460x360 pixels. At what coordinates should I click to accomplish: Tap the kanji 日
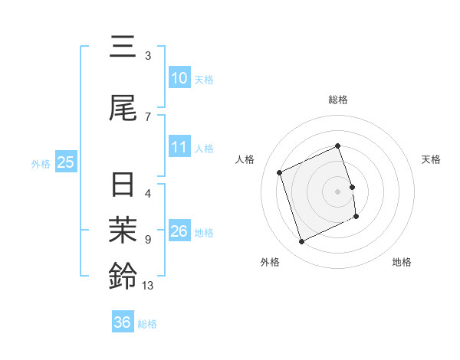(x=123, y=186)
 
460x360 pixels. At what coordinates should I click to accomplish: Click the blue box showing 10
(x=179, y=77)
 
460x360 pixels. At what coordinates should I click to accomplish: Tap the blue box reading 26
(x=179, y=231)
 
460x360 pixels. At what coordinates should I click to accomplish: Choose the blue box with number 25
(x=65, y=162)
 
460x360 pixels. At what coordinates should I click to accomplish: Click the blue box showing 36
(x=122, y=322)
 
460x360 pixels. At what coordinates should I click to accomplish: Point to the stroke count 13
(x=149, y=286)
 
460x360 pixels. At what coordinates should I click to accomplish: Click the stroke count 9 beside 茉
(x=148, y=240)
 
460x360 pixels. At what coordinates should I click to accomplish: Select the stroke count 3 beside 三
(x=148, y=56)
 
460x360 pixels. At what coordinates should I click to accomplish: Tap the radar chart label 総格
(x=338, y=100)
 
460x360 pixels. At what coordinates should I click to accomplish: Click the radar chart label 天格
(x=431, y=159)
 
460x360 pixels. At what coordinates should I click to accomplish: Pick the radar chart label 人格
(x=245, y=159)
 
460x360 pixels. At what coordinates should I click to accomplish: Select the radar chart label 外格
(x=270, y=262)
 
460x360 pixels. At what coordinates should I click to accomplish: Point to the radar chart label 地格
(x=402, y=262)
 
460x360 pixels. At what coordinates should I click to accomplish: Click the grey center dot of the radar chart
(x=338, y=191)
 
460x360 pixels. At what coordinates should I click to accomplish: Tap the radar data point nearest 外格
(x=301, y=242)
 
